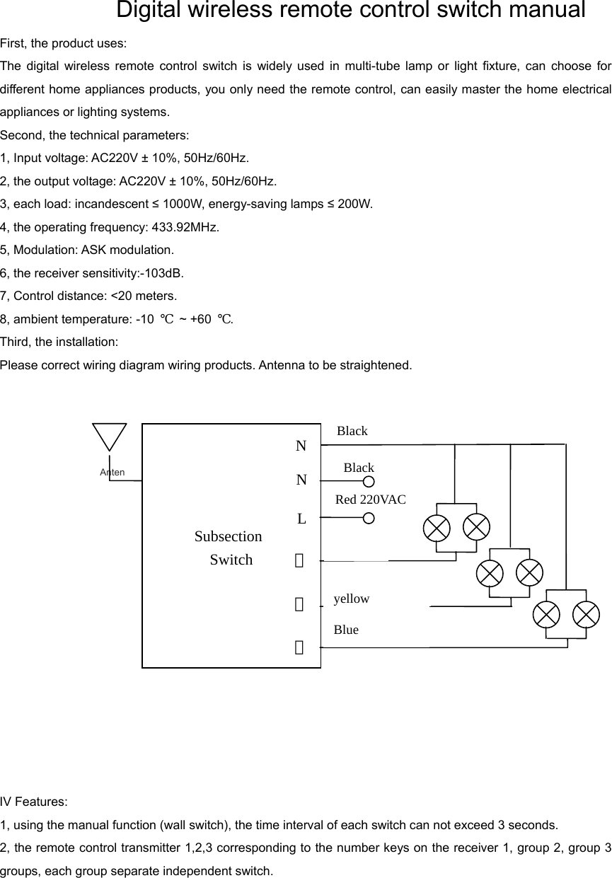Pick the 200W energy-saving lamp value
click(x=354, y=204)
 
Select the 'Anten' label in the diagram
click(x=112, y=473)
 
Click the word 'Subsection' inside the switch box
click(x=228, y=537)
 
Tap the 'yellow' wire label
click(x=351, y=599)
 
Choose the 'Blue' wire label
click(x=346, y=630)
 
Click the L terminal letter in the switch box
click(x=301, y=519)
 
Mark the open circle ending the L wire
click(x=369, y=519)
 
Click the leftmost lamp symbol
click(x=436, y=528)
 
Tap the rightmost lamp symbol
click(x=586, y=614)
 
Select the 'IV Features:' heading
click(x=34, y=802)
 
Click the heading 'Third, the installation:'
click(x=59, y=342)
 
